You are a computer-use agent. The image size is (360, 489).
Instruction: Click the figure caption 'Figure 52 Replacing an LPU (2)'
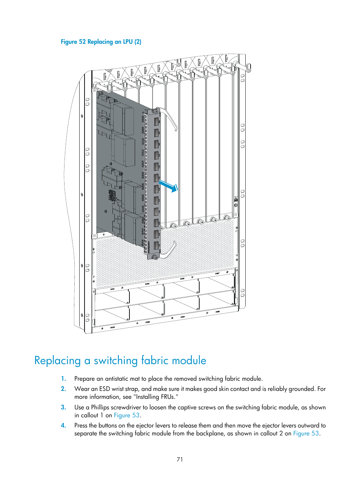tap(101, 42)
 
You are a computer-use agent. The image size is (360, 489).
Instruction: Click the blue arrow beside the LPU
tap(168, 186)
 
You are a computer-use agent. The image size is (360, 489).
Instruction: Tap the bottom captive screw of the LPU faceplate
tap(155, 257)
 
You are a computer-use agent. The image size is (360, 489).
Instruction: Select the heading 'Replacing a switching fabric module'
tap(120, 360)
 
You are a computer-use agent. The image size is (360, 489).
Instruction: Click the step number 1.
tap(63, 379)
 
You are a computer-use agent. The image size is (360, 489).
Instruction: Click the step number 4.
tap(63, 426)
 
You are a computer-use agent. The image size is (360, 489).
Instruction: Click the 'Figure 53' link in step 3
tap(127, 415)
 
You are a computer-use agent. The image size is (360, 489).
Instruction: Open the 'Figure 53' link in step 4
tap(306, 434)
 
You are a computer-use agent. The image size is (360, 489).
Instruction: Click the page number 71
tap(180, 460)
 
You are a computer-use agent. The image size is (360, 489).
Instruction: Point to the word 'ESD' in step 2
tap(105, 389)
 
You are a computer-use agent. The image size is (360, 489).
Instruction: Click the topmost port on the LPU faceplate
tap(157, 122)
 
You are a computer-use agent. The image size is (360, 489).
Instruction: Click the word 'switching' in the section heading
tap(115, 360)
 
